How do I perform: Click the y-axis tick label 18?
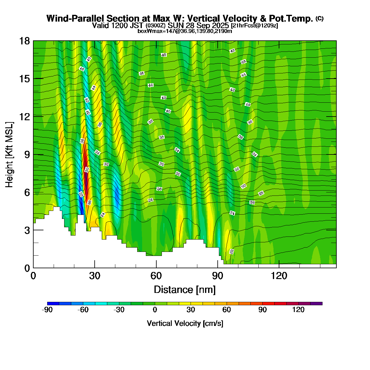point(25,41)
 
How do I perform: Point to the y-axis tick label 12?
point(25,117)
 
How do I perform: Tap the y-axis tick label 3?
point(27,230)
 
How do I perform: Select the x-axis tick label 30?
point(95,276)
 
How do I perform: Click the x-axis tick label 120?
point(279,276)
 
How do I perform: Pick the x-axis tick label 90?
point(218,276)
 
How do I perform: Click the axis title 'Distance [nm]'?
point(185,290)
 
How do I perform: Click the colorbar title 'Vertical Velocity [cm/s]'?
point(185,323)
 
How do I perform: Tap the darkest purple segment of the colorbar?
point(316,304)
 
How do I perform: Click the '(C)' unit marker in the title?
point(319,18)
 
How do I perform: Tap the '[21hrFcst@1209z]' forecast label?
point(254,26)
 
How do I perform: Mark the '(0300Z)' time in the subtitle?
point(156,26)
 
